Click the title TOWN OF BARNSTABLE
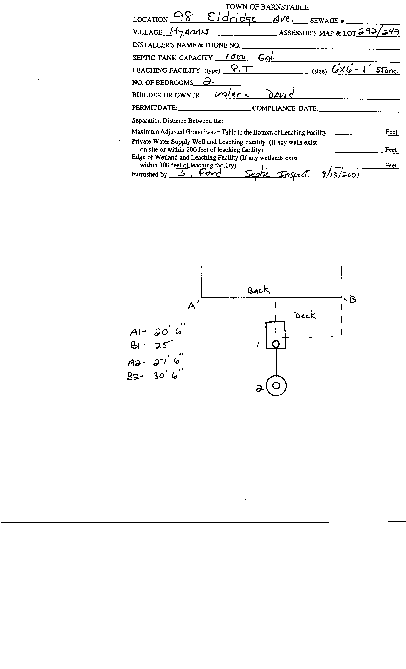tap(267, 7)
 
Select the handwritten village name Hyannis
tap(189, 32)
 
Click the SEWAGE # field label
tap(327, 21)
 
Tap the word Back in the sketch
tap(258, 290)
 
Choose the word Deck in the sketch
tap(305, 315)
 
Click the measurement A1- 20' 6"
tap(157, 331)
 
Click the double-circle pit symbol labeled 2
tap(276, 386)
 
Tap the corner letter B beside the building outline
tap(353, 300)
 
